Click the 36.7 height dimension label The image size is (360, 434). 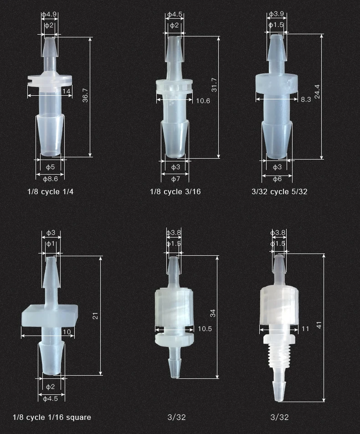tap(85, 94)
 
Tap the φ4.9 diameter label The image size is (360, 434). tap(49, 15)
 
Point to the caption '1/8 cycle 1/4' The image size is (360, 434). tap(50, 191)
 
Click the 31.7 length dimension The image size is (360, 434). tap(214, 85)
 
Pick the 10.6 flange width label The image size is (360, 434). tap(203, 101)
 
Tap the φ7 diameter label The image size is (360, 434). tap(175, 179)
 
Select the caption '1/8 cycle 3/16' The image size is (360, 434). tap(175, 191)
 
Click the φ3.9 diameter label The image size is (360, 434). tap(276, 15)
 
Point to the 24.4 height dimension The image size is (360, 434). tap(318, 91)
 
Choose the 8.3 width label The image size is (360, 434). tap(306, 99)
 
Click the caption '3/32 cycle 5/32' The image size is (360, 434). tap(279, 191)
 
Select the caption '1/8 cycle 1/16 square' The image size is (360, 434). tap(52, 417)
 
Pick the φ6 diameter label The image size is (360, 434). tap(277, 179)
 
